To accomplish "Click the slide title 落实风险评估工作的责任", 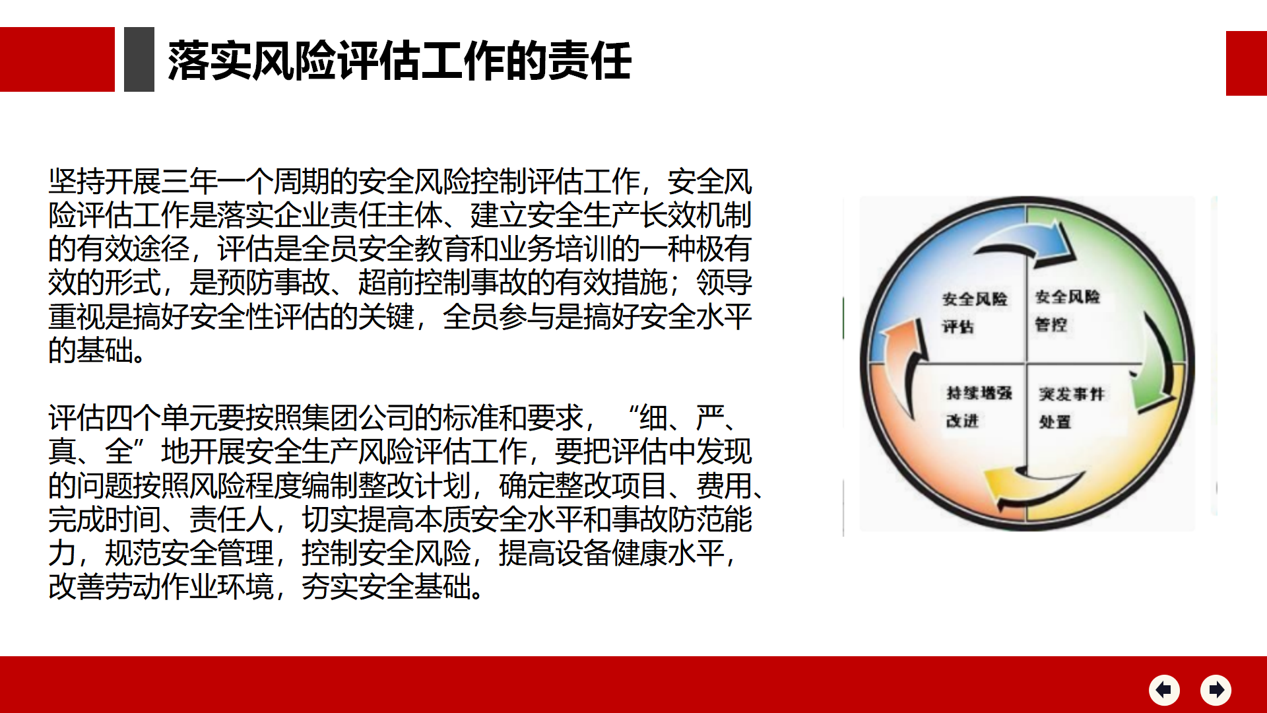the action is pos(400,61).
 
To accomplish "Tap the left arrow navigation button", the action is pos(1164,690).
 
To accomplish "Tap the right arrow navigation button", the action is pos(1216,690).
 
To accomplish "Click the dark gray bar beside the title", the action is pos(139,59).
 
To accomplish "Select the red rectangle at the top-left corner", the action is pos(57,59).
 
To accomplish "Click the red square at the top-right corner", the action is pos(1247,63).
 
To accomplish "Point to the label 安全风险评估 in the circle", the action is pos(974,312).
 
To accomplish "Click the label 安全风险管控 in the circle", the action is pos(1067,310).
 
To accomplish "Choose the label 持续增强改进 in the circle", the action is pos(979,407).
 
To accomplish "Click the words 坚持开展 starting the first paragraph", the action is pos(105,182).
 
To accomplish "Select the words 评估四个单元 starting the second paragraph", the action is pos(133,418).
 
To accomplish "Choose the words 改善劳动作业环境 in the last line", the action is pos(161,587).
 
